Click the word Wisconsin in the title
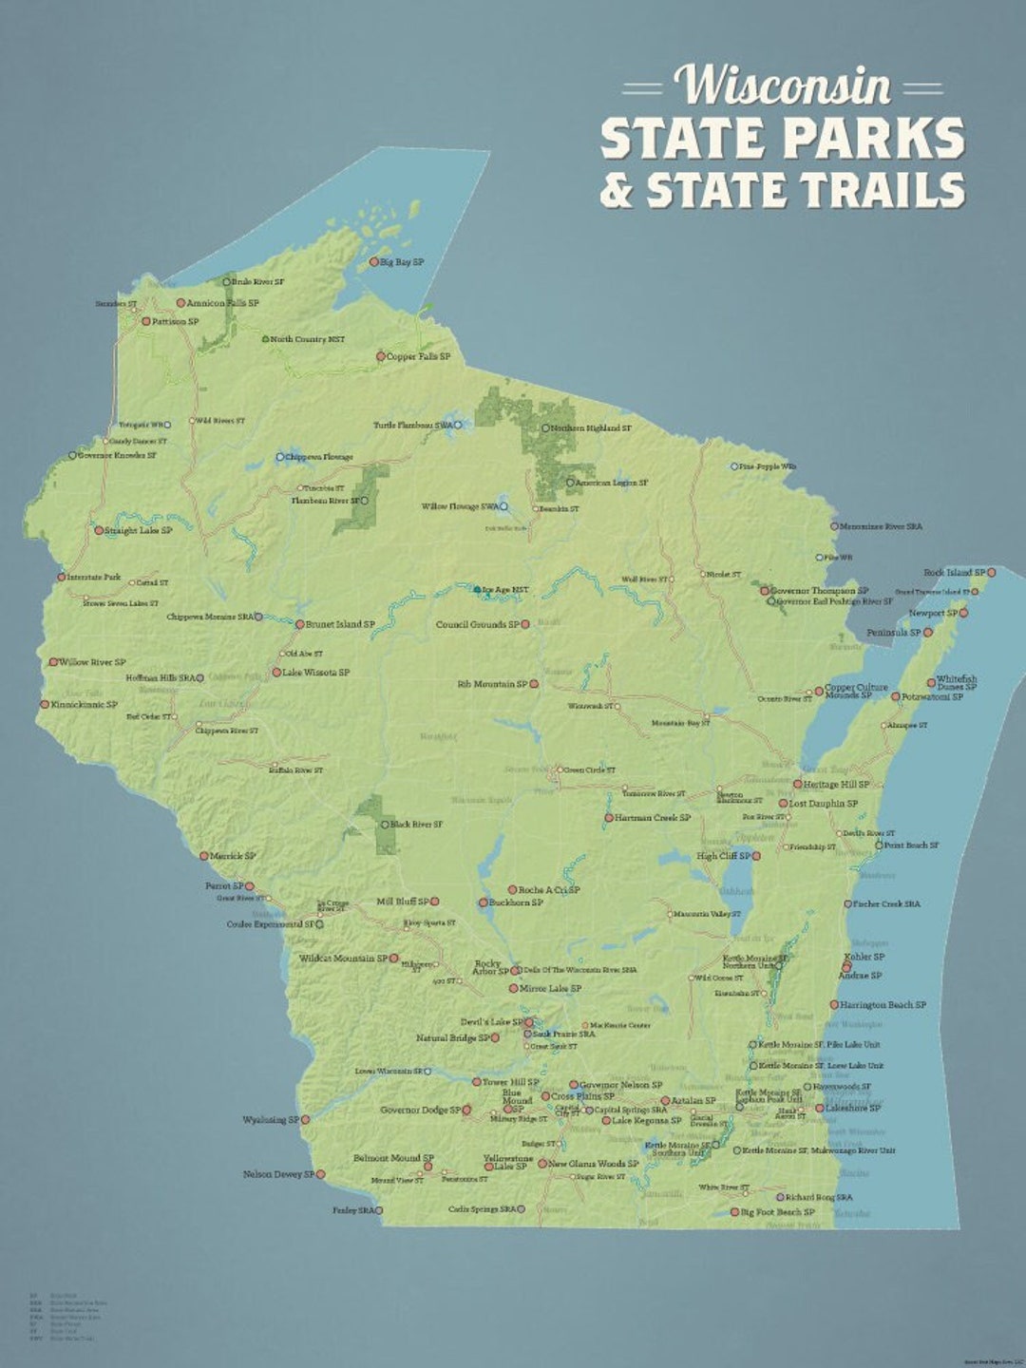tap(783, 86)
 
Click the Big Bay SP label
tap(402, 262)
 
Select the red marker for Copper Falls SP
tap(381, 357)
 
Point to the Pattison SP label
tap(176, 322)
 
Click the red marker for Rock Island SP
tap(991, 573)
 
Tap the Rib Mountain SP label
tap(492, 684)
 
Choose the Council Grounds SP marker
tap(525, 625)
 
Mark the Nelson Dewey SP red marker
tap(320, 1175)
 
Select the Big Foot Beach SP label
tap(778, 1212)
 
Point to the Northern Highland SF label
tap(591, 428)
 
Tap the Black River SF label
tap(416, 825)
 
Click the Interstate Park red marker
tap(62, 577)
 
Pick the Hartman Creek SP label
tap(653, 818)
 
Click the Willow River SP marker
tap(54, 662)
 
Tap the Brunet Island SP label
tap(340, 625)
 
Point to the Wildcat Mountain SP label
tap(343, 959)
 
